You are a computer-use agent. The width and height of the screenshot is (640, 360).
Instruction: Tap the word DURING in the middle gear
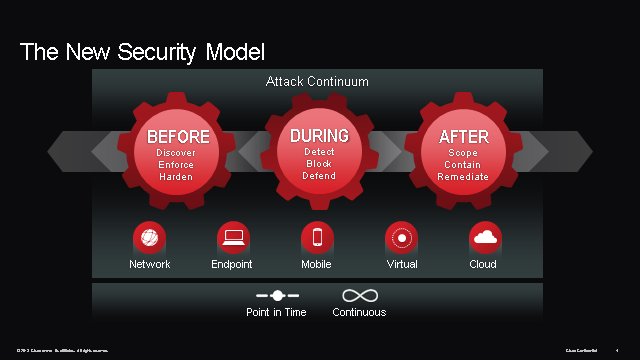(x=319, y=135)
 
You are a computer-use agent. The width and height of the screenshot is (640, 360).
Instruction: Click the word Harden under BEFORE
(x=176, y=177)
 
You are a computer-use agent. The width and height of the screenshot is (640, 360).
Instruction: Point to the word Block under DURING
(x=319, y=164)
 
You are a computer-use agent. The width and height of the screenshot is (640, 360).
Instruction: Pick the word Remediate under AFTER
(x=463, y=177)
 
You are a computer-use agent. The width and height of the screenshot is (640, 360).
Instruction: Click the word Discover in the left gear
(x=176, y=153)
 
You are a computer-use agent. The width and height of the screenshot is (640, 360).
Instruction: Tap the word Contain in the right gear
(x=463, y=165)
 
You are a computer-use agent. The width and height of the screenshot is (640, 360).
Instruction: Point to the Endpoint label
(x=232, y=265)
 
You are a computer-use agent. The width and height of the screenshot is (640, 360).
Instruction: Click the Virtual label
(x=402, y=265)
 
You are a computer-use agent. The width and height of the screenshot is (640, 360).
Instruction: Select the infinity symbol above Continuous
(x=359, y=296)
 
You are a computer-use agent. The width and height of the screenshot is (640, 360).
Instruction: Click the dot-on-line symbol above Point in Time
(x=277, y=296)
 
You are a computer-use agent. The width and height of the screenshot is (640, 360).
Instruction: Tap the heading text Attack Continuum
(x=317, y=81)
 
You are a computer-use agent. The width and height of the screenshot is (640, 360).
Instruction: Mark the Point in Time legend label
(x=276, y=312)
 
